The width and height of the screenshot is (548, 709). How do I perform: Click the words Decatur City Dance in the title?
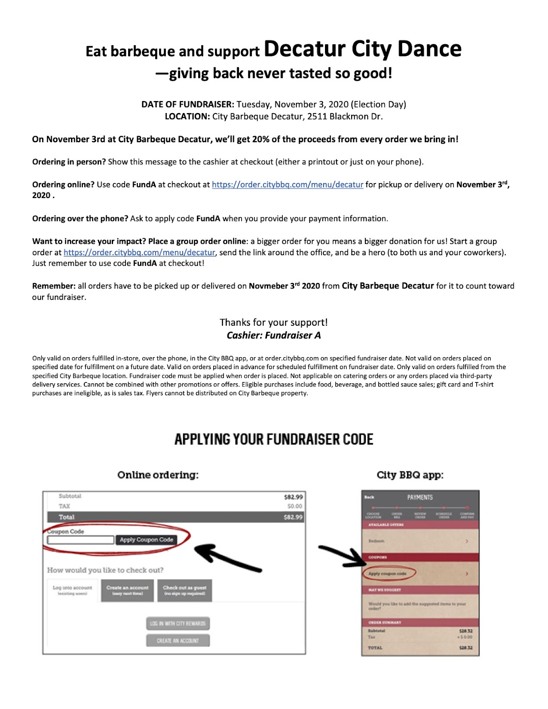point(362,49)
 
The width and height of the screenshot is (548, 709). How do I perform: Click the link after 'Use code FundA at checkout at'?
point(287,185)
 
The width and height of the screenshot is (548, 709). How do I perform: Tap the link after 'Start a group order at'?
point(139,253)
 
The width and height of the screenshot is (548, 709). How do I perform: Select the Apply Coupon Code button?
point(146,540)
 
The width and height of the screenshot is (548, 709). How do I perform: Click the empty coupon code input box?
point(81,540)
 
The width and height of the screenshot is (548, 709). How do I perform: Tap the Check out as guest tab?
point(184,590)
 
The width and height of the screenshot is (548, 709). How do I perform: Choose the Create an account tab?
point(127,590)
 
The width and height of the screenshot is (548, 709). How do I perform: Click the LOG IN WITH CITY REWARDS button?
point(178,623)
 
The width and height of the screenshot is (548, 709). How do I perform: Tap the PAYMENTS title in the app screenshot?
point(420,498)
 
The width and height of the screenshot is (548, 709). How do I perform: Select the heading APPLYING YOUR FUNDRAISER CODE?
point(274,439)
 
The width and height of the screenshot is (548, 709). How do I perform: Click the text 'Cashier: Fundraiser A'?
point(274,335)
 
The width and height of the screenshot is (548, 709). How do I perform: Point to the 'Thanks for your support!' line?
point(274,322)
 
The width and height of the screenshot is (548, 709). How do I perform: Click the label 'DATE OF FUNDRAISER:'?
point(188,105)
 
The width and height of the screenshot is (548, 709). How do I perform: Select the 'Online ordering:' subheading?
point(158,475)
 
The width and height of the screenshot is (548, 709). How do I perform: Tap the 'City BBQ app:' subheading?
point(410,475)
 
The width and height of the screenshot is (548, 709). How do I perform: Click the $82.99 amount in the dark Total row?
point(293,517)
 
